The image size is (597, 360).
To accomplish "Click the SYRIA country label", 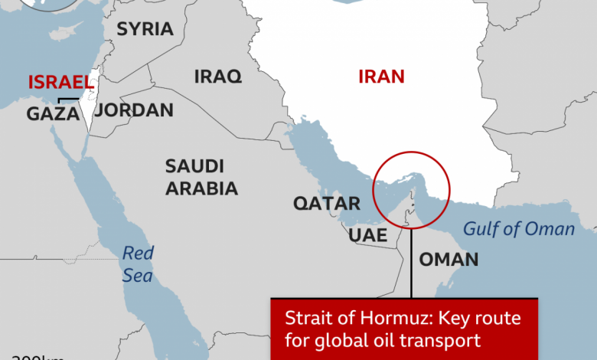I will [x=145, y=29].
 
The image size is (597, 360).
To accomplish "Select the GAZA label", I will [x=54, y=114].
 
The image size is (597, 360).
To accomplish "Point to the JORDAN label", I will [x=135, y=110].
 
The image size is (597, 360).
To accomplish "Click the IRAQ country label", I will [x=217, y=76].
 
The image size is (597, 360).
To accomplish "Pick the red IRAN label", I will [x=381, y=76].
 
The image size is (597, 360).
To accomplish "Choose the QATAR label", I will [x=327, y=204].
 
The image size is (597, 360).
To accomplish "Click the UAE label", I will [x=367, y=234].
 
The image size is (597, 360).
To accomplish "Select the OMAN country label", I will [x=449, y=259].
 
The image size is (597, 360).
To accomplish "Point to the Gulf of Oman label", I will [x=519, y=228].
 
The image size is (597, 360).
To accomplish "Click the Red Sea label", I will [x=138, y=264].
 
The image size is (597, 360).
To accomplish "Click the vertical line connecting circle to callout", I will [x=411, y=260].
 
